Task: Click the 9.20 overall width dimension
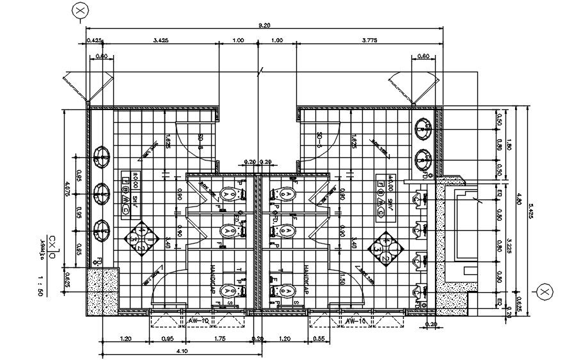263,25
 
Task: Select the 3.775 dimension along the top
369,41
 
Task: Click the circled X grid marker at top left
80,11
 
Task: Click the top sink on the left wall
101,156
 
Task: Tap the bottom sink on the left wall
101,228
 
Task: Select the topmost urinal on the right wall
419,199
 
